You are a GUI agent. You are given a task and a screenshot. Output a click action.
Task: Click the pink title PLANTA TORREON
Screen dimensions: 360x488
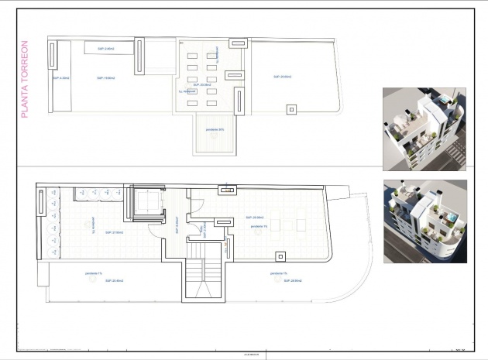[25, 79]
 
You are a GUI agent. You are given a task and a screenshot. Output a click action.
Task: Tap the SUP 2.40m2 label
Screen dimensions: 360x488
[105, 49]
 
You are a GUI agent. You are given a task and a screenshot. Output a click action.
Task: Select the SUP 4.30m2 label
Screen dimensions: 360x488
[61, 78]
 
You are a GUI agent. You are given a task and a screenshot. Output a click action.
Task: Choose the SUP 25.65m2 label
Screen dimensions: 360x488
[281, 77]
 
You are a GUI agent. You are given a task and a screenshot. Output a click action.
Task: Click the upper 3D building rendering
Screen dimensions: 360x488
[424, 129]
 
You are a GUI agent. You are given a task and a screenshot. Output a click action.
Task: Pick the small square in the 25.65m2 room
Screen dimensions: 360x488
[291, 109]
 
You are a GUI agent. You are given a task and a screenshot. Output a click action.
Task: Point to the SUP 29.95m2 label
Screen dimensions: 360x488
[256, 218]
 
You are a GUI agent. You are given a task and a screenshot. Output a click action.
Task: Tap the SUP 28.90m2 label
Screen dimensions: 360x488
[280, 280]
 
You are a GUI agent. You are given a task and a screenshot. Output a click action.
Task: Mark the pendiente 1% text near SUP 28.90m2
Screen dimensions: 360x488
[280, 273]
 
